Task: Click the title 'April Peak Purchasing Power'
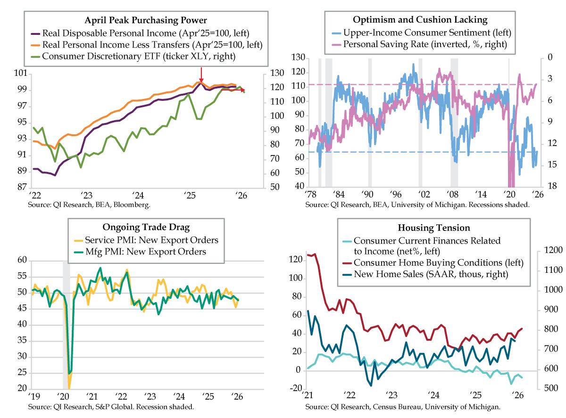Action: pyautogui.click(x=146, y=20)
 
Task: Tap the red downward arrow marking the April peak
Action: pyautogui.click(x=201, y=74)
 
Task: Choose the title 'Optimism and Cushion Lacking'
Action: pyautogui.click(x=420, y=20)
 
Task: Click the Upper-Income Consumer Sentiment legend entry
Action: pyautogui.click(x=421, y=33)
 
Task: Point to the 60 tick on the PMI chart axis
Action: pyautogui.click(x=22, y=261)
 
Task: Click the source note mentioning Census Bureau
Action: pyautogui.click(x=402, y=406)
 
